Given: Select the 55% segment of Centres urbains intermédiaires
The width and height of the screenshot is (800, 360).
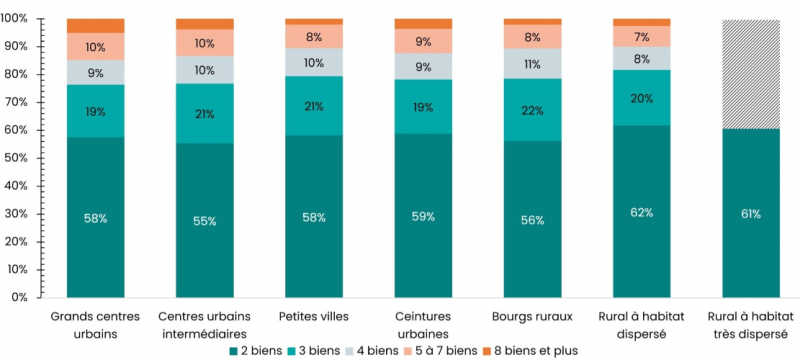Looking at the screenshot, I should (x=204, y=221).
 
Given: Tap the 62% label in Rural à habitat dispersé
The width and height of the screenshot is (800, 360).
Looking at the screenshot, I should (x=642, y=212).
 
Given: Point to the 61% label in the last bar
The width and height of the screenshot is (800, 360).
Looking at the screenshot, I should (x=751, y=214).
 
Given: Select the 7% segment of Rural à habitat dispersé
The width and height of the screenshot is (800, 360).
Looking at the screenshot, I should (x=642, y=36).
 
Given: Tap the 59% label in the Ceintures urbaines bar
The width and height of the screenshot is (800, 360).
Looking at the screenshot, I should (x=423, y=216).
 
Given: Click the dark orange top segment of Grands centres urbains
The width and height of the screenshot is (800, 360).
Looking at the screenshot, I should (x=95, y=25).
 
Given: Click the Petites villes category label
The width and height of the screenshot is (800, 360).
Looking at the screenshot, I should (x=313, y=317).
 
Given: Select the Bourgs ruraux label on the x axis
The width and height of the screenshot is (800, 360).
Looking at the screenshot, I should (x=532, y=317).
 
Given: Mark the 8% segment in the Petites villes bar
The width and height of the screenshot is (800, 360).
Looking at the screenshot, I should (x=313, y=36).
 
